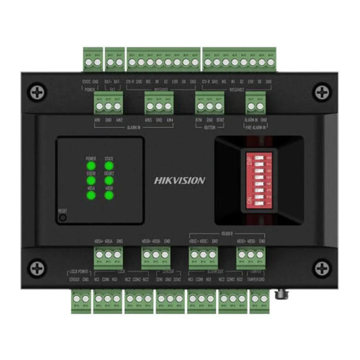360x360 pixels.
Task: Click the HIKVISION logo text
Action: pyautogui.click(x=180, y=181)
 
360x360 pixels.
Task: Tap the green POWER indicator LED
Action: pyautogui.click(x=91, y=164)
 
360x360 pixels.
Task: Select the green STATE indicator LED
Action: pyautogui.click(x=109, y=164)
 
